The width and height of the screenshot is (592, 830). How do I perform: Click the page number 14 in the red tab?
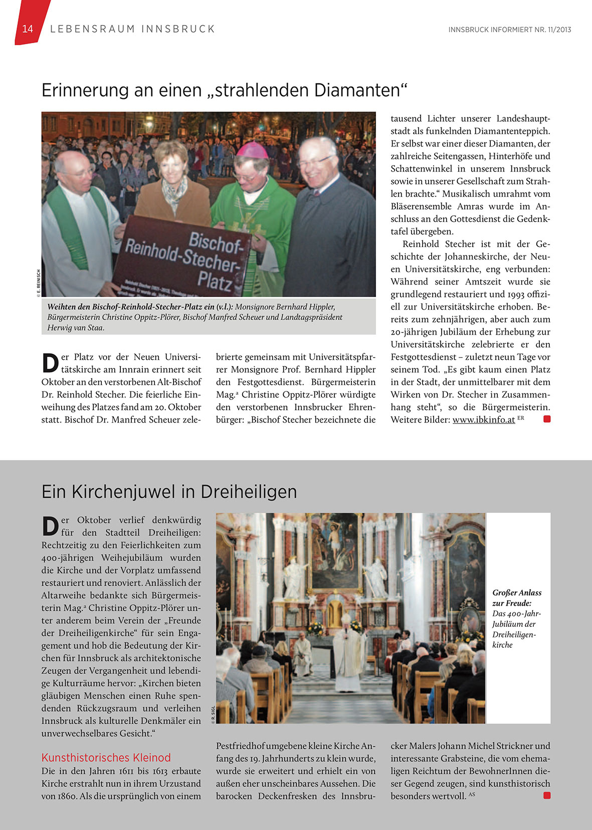click(28, 29)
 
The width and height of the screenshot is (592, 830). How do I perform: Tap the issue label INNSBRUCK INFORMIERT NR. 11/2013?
click(509, 30)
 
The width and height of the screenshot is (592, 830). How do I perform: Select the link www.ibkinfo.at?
click(483, 420)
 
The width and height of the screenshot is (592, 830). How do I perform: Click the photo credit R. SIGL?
click(213, 714)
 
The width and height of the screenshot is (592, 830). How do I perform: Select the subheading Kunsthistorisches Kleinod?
click(106, 758)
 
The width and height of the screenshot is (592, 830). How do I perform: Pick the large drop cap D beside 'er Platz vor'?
click(50, 363)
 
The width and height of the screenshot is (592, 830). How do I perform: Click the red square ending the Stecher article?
click(547, 419)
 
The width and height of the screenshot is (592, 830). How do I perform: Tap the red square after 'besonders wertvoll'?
click(547, 795)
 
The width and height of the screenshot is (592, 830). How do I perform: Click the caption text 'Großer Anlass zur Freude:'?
click(516, 598)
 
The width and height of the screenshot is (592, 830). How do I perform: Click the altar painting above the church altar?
click(335, 549)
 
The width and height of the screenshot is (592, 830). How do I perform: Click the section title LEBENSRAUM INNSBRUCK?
click(132, 29)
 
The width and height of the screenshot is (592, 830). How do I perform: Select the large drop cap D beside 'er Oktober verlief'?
click(50, 526)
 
